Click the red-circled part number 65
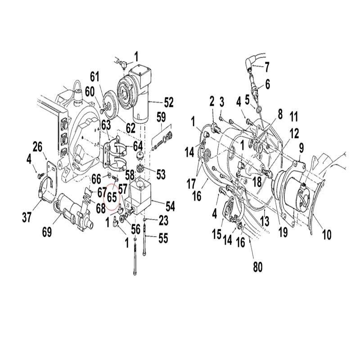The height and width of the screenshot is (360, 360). tap(112, 197)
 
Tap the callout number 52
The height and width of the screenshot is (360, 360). tap(168, 103)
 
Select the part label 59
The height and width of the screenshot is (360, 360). tap(161, 117)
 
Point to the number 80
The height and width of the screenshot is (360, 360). tap(257, 267)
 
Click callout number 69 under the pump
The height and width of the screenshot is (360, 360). tap(47, 232)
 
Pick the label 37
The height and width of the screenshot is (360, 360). tap(27, 217)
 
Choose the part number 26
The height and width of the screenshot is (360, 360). tap(37, 147)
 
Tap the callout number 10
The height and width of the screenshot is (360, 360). tap(327, 234)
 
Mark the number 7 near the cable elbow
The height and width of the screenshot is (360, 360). tap(266, 67)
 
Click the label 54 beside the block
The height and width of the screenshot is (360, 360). tap(170, 206)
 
